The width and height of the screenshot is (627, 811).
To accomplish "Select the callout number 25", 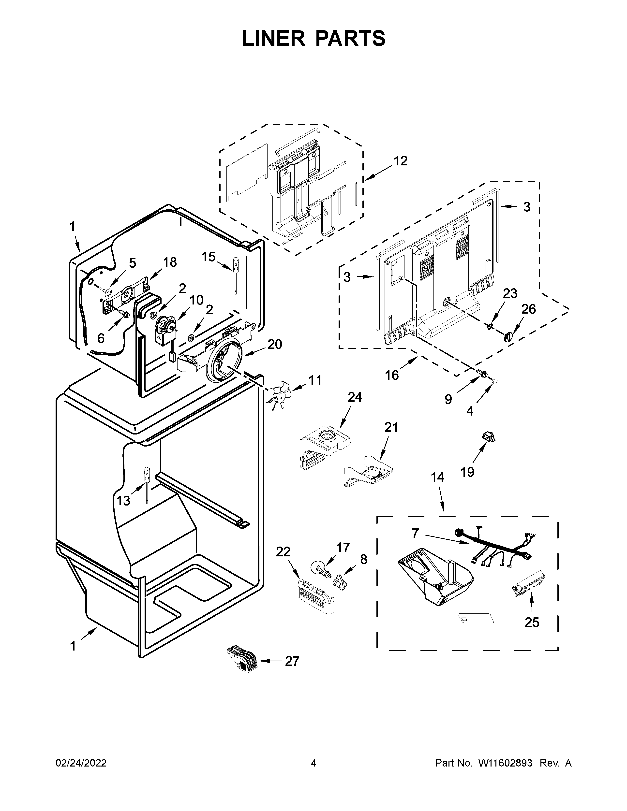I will point(532,622).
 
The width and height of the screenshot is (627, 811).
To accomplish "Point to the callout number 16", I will point(391,375).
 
